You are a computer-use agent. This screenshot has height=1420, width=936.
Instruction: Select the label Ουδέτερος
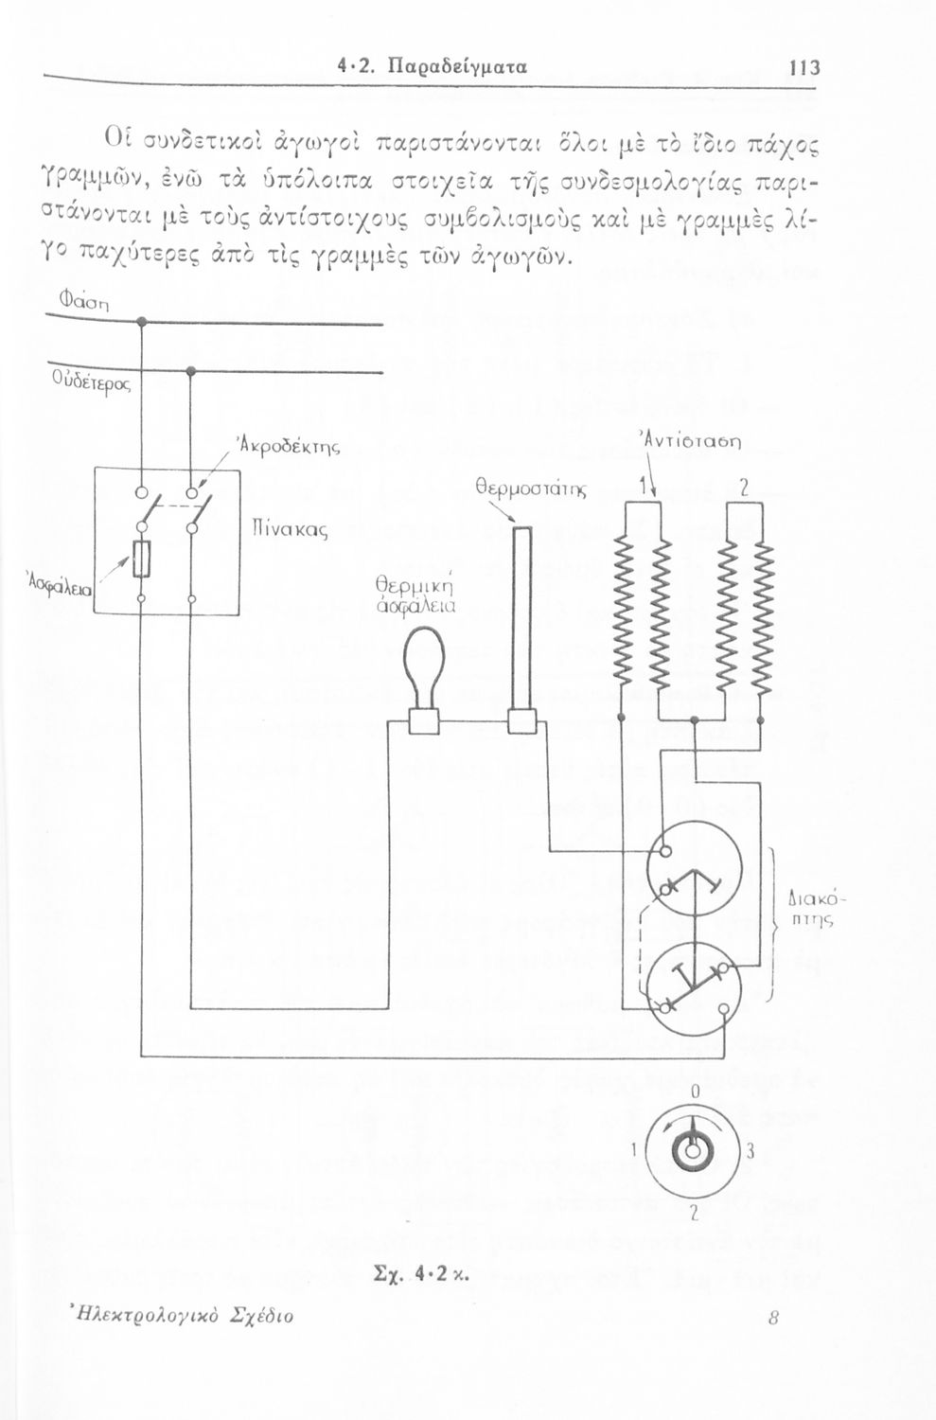click(x=90, y=385)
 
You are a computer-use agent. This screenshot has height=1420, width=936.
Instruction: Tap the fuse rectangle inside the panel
click(x=141, y=559)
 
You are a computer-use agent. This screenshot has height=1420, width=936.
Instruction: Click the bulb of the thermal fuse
click(x=425, y=658)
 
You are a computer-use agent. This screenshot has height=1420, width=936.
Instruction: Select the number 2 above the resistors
click(x=744, y=488)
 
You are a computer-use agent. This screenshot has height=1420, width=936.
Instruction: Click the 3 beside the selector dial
click(x=749, y=1153)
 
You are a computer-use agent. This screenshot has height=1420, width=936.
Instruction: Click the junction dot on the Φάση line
click(x=141, y=323)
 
